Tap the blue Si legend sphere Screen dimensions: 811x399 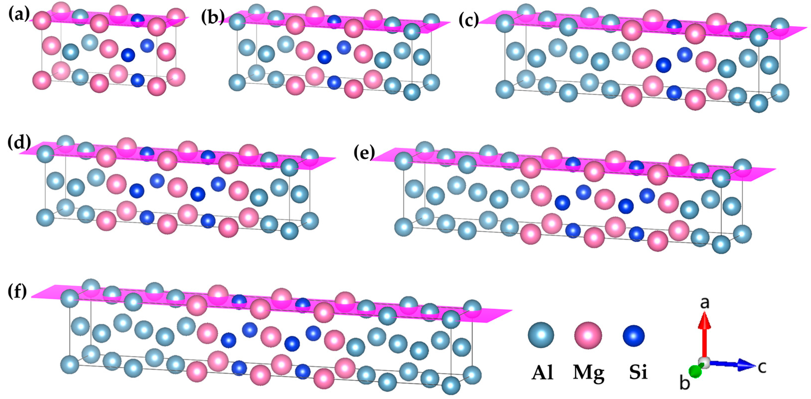[633, 335]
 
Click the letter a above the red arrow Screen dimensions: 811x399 [704, 303]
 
